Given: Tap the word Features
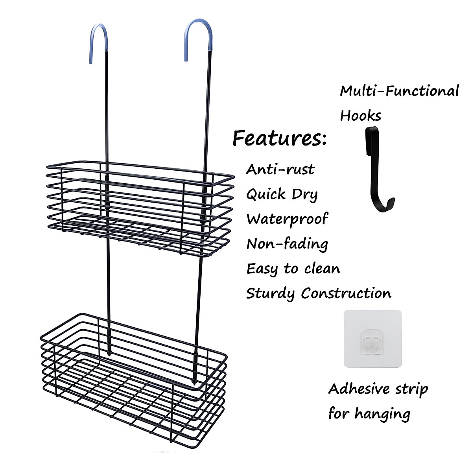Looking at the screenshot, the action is (279, 138).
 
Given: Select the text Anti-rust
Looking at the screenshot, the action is (280, 170).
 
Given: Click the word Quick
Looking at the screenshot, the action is (266, 194).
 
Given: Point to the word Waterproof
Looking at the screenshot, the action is (287, 219).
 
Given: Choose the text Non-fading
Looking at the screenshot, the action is (287, 244).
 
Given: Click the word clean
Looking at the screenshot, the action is (322, 269).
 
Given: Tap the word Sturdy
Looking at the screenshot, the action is (270, 293).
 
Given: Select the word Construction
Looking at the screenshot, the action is (346, 293).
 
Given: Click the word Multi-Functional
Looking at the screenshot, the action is (399, 91).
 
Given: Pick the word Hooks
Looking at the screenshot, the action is (360, 116).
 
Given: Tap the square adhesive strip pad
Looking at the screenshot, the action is (372, 339).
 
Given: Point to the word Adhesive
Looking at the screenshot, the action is (359, 389).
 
